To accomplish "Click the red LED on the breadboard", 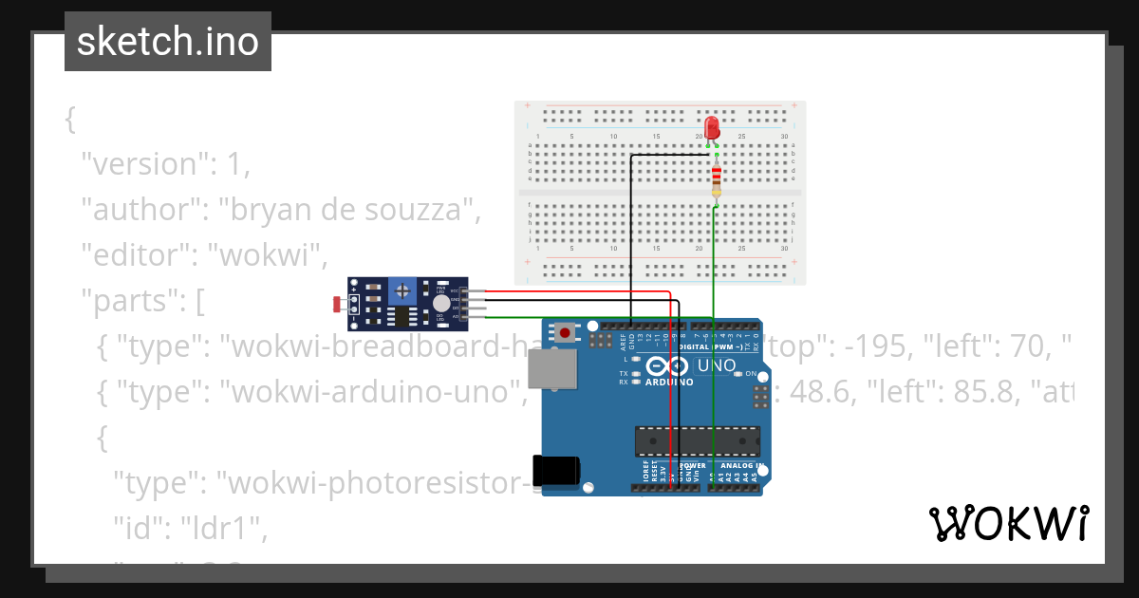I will click(x=712, y=128).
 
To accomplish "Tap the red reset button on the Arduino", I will click(x=566, y=332).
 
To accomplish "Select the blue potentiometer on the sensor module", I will click(x=404, y=289).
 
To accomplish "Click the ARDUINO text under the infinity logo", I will click(x=670, y=383).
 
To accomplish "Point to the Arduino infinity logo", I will click(x=668, y=366).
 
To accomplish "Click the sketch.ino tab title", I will click(x=168, y=42).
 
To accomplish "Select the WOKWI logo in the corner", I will click(x=1008, y=523).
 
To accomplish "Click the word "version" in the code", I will click(x=142, y=163).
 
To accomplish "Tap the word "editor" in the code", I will click(x=132, y=254).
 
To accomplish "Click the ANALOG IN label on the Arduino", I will click(x=740, y=466).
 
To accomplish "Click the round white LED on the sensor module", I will click(x=440, y=303).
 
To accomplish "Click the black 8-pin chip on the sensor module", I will click(x=402, y=316).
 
